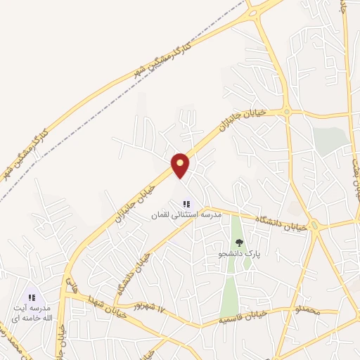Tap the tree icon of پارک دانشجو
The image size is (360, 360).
pyautogui.click(x=239, y=242)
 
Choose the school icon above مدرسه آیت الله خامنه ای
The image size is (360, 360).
pyautogui.click(x=32, y=298)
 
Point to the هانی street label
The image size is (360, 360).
pyautogui.click(x=71, y=285)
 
